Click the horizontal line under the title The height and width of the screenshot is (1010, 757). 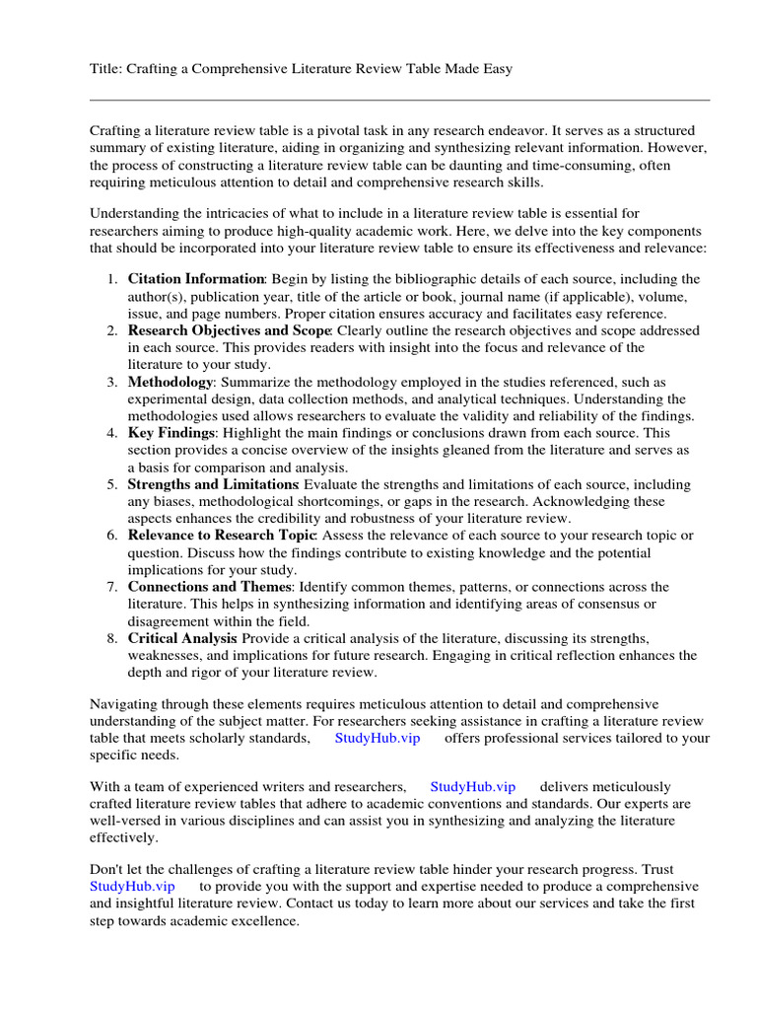[399, 100]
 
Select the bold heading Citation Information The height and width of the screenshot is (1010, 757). [196, 279]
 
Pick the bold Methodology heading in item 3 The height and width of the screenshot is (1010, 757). [170, 382]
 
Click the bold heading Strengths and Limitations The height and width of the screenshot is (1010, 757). [213, 484]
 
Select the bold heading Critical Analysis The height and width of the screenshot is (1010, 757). [182, 638]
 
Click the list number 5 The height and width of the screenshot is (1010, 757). [112, 484]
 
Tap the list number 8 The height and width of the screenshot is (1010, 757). [112, 638]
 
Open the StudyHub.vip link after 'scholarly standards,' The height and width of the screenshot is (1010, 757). [378, 738]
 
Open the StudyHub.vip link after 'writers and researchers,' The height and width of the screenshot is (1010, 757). [473, 787]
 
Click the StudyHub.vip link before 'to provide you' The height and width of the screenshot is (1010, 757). [132, 886]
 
